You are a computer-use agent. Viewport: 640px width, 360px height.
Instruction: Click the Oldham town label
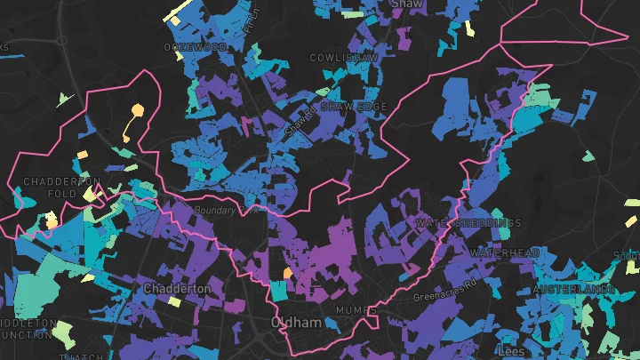[296, 323]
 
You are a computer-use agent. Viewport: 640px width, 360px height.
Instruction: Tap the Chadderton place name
[178, 289]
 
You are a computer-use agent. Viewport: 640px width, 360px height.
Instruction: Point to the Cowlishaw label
[344, 57]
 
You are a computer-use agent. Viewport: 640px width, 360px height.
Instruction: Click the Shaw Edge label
[354, 107]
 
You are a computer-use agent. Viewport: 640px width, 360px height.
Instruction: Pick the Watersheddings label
[468, 222]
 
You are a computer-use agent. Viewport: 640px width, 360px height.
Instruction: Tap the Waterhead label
[505, 253]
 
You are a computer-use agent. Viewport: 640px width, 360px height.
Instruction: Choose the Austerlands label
[574, 291]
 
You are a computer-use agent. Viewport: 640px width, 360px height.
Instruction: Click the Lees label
[511, 351]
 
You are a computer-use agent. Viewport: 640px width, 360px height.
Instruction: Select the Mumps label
[350, 310]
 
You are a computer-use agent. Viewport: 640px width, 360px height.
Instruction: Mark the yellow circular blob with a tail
[137, 111]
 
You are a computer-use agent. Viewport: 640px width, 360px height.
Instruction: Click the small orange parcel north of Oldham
[287, 273]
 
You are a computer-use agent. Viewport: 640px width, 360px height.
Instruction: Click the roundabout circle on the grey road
[61, 40]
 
